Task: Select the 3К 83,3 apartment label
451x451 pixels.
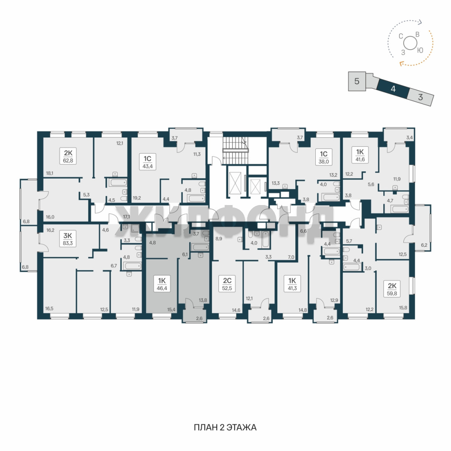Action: (68, 239)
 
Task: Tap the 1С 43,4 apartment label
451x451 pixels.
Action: (147, 162)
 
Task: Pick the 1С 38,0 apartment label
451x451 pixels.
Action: (324, 157)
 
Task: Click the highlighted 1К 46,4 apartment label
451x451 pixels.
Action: (162, 284)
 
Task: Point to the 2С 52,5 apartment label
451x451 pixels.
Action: (227, 284)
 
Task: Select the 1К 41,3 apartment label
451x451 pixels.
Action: (292, 284)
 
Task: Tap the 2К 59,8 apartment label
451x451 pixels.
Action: (392, 289)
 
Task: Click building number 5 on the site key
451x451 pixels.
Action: (357, 81)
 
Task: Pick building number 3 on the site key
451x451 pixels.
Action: (421, 97)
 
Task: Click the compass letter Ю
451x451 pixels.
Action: (420, 51)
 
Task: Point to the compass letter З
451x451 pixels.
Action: (403, 53)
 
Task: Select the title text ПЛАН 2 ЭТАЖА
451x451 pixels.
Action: (225, 428)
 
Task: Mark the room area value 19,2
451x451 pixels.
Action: (137, 198)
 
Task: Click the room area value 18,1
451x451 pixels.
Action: (49, 173)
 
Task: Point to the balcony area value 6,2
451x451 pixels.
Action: (424, 245)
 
